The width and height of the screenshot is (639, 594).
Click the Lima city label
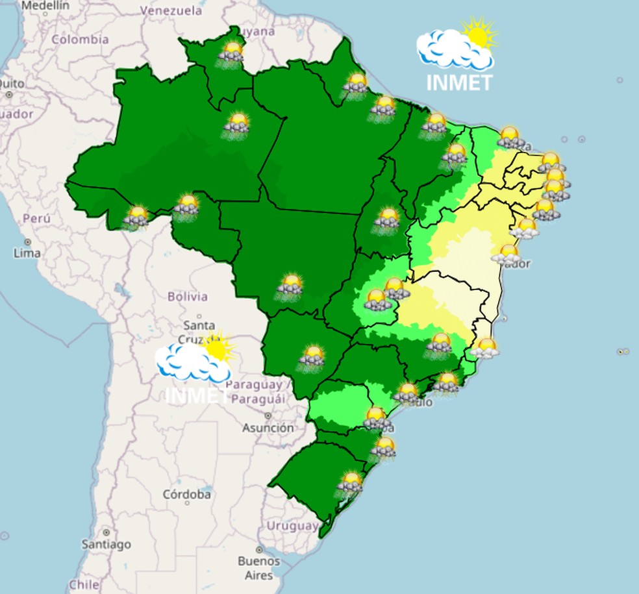click(27, 253)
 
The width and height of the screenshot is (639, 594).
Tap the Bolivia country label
click(188, 297)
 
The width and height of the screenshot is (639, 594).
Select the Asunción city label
click(268, 428)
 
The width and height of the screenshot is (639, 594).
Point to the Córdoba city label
click(186, 495)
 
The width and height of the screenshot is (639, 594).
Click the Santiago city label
click(106, 544)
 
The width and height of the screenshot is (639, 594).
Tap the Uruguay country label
click(292, 525)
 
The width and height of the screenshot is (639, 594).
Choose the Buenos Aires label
click(258, 567)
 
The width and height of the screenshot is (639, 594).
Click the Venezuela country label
click(172, 11)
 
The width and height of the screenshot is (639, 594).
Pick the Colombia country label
click(81, 40)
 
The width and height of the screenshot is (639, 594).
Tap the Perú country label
click(36, 218)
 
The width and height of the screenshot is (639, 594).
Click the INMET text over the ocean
click(459, 83)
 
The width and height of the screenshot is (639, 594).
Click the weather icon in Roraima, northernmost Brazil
click(231, 51)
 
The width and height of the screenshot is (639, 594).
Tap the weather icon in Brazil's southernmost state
click(351, 483)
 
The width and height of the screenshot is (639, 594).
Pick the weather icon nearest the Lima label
click(136, 216)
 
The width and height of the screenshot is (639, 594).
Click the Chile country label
click(84, 584)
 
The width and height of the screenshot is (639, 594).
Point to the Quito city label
click(11, 84)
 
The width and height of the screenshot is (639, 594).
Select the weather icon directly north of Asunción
click(312, 356)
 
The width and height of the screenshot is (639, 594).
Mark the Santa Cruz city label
click(199, 331)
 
